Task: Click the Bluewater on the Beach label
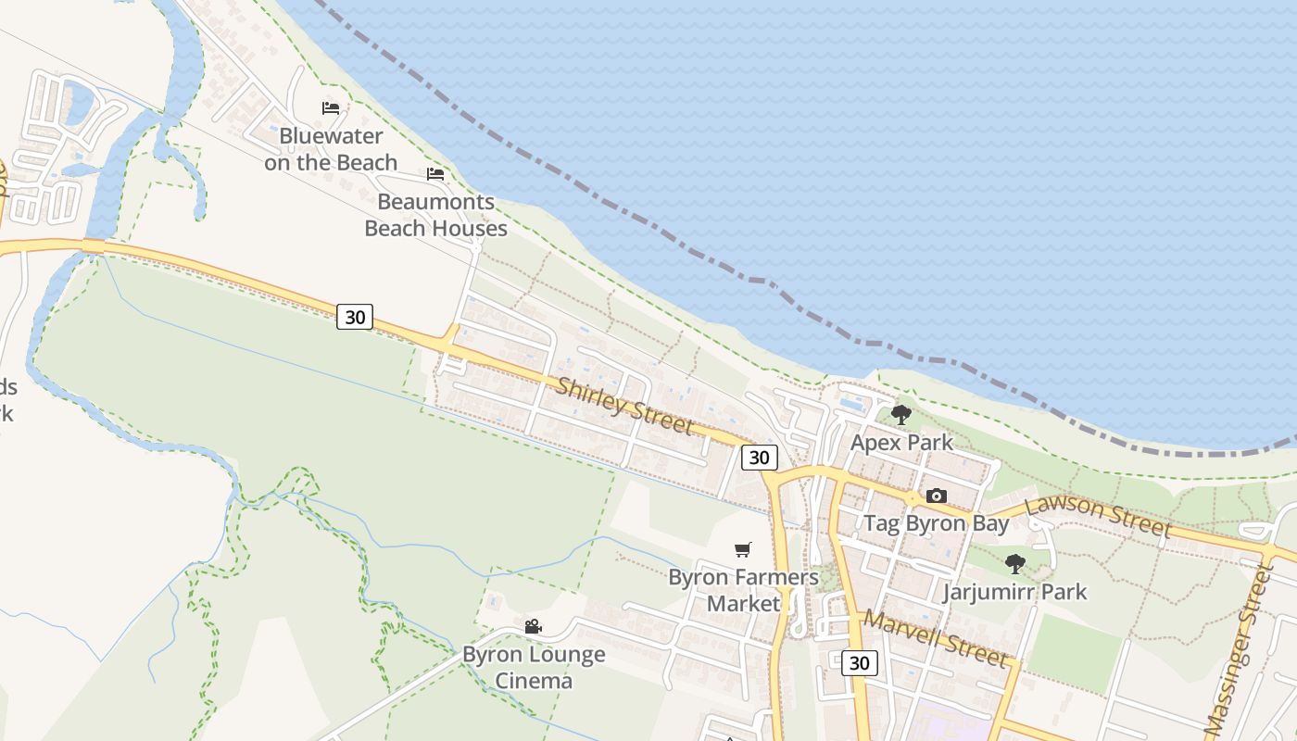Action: tap(331, 149)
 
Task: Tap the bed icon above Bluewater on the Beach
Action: tap(331, 108)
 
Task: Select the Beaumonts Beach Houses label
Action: tap(435, 215)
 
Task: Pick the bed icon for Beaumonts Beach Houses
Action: tap(435, 174)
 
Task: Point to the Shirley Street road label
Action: tap(623, 405)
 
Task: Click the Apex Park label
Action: tap(901, 443)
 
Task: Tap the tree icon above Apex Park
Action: tap(900, 415)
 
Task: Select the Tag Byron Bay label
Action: tap(937, 523)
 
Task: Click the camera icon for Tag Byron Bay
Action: tap(937, 496)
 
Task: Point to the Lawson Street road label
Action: tap(1099, 515)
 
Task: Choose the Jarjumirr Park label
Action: tap(1014, 592)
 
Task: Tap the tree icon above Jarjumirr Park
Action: tap(1015, 563)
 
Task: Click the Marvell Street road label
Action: tap(935, 638)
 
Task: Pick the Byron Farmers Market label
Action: tap(743, 591)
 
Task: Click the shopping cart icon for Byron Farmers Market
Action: tap(742, 550)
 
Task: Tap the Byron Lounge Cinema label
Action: tap(534, 668)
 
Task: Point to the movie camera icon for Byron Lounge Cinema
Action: tap(533, 627)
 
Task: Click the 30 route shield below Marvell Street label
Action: tap(860, 663)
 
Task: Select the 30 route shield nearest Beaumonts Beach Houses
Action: tap(355, 317)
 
